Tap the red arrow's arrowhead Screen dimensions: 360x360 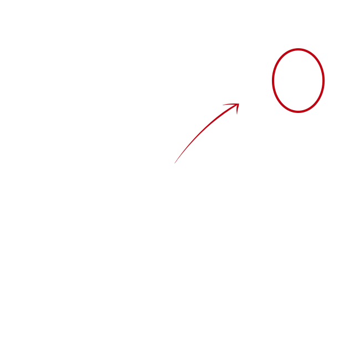(235, 106)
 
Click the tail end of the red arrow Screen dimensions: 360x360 (176, 163)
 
